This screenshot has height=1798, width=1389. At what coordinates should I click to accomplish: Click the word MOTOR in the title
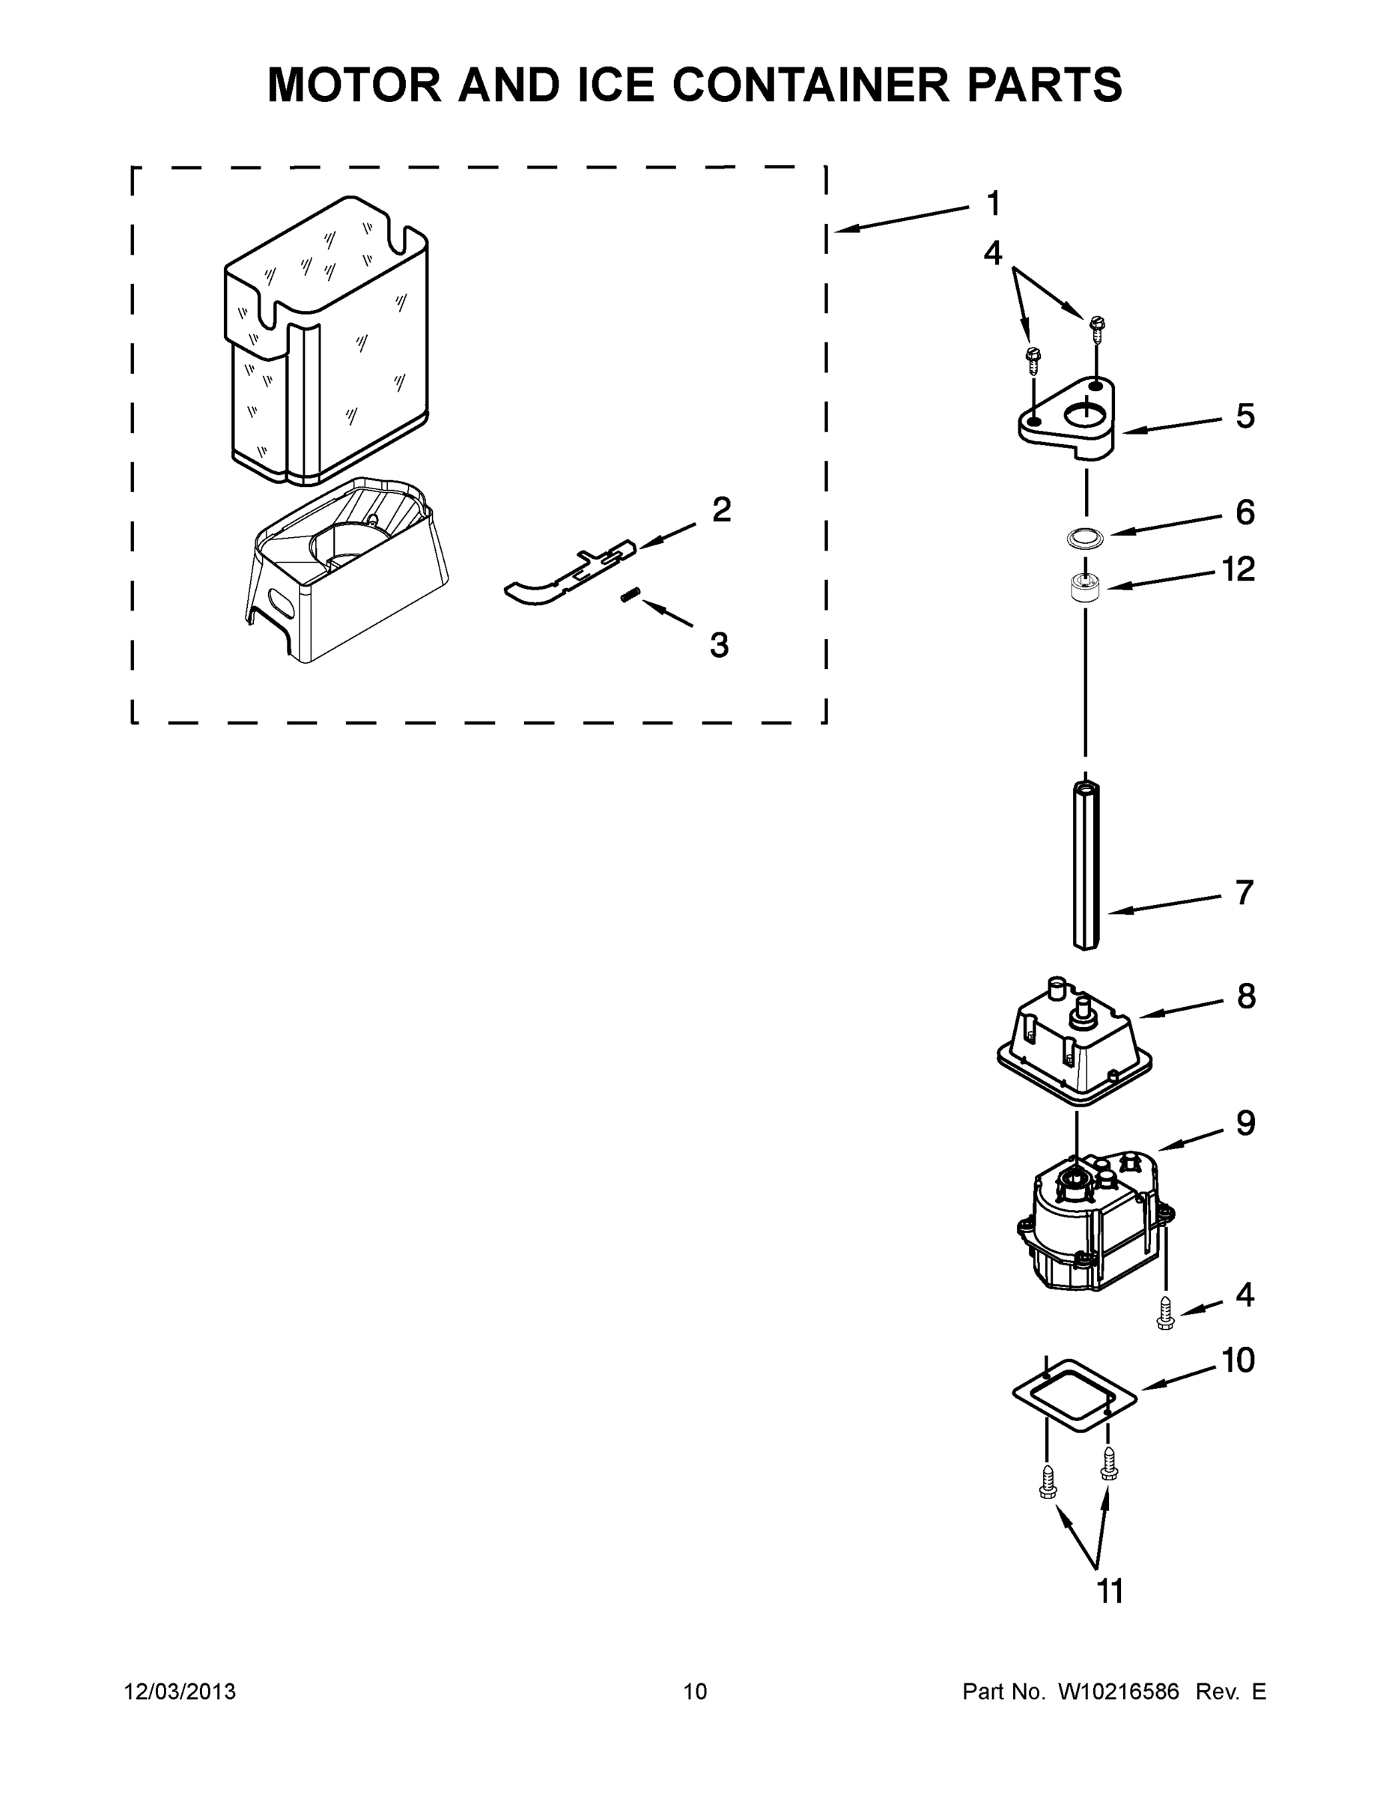pyautogui.click(x=355, y=85)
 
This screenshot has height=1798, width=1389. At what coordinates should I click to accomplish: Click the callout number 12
pyautogui.click(x=1238, y=569)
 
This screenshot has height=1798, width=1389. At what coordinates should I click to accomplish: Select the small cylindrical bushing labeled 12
pyautogui.click(x=1084, y=590)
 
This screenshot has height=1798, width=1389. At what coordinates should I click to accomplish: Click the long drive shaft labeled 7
pyautogui.click(x=1085, y=865)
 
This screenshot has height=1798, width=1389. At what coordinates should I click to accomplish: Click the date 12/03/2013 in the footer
pyautogui.click(x=180, y=1692)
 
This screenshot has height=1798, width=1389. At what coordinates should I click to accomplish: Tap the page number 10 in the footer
pyautogui.click(x=695, y=1692)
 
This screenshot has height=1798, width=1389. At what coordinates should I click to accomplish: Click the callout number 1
pyautogui.click(x=993, y=203)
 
